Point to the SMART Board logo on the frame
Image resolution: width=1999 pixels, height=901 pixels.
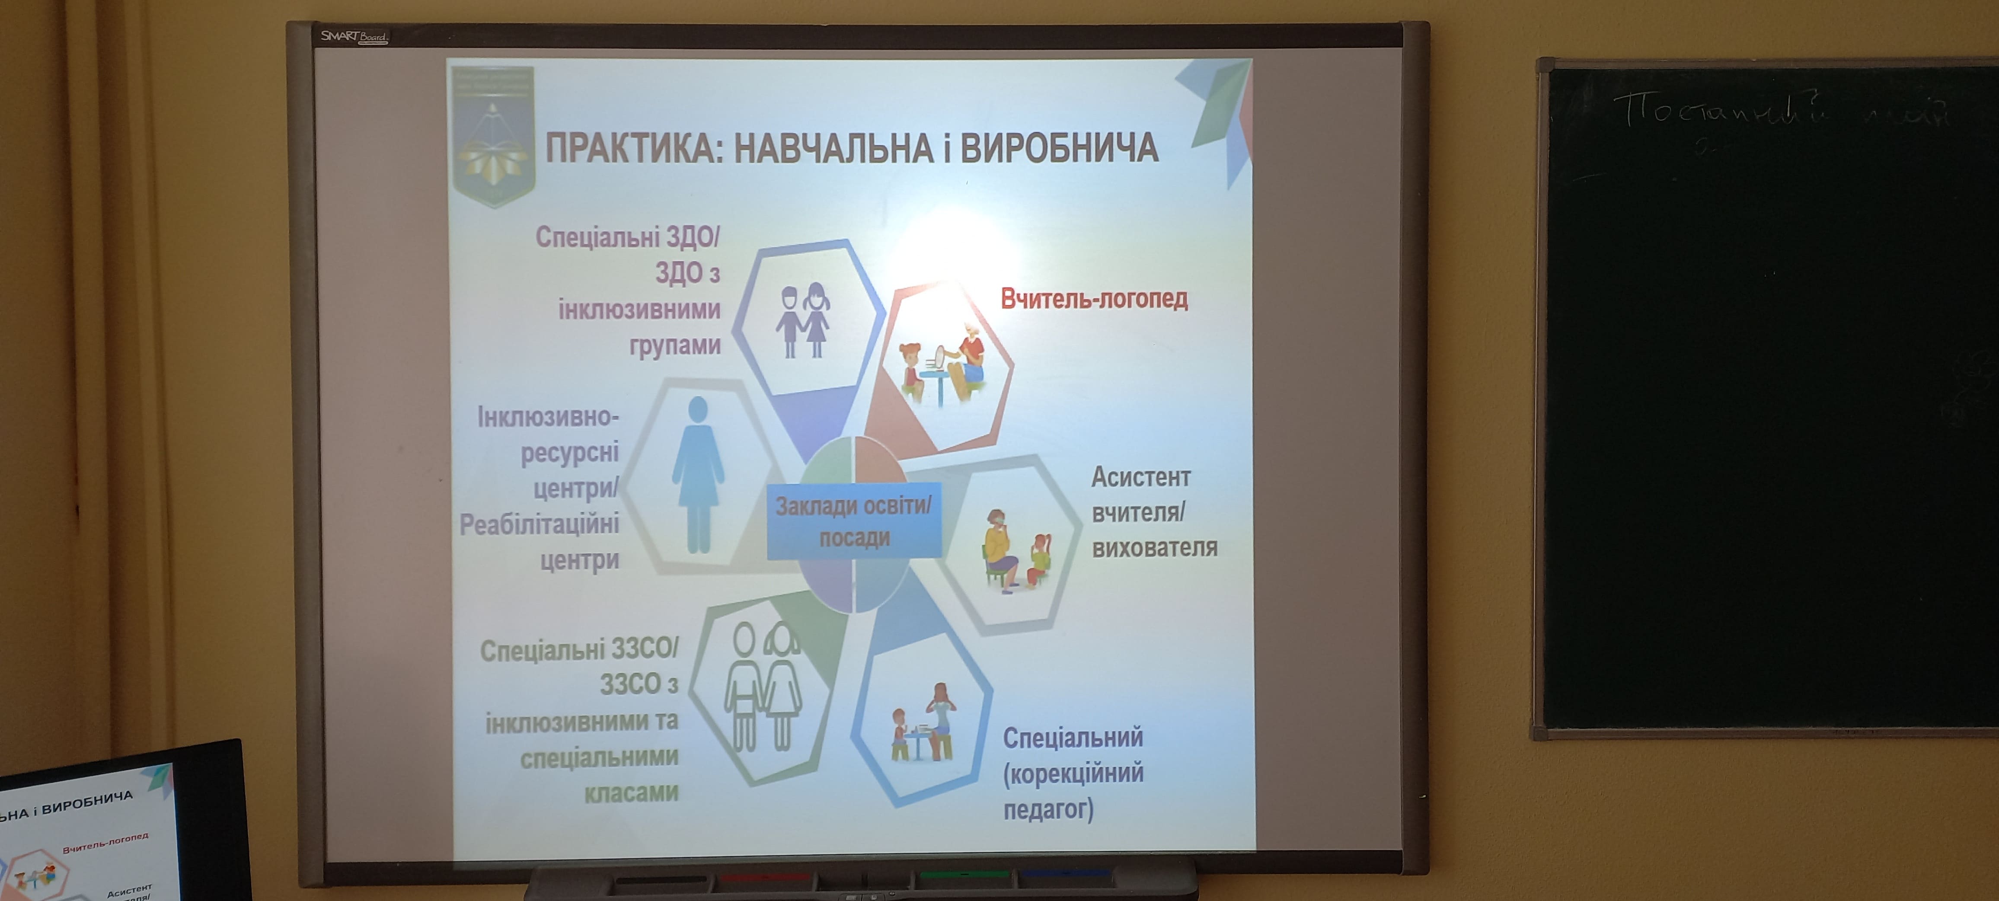point(353,36)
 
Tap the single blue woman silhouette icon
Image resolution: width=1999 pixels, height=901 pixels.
point(698,475)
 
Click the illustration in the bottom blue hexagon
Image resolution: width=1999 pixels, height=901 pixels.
point(923,722)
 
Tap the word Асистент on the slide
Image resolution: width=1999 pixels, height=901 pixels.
point(1140,477)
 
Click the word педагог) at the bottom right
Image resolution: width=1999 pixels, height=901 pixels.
point(1047,809)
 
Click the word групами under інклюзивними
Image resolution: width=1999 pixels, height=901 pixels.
point(674,345)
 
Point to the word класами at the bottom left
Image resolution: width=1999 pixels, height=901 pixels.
point(630,792)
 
